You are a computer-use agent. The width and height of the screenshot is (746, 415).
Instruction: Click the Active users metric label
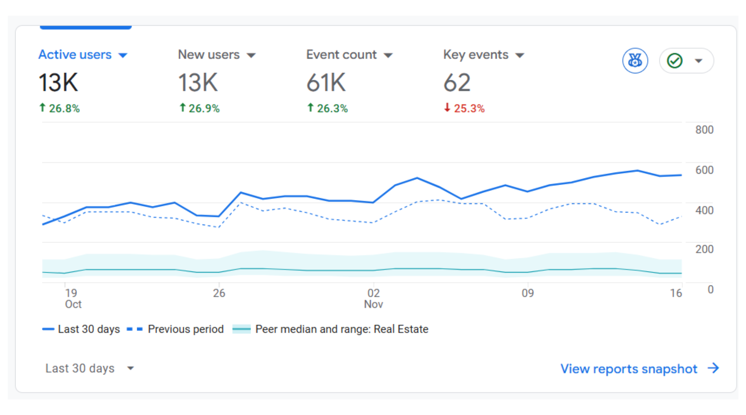[75, 55]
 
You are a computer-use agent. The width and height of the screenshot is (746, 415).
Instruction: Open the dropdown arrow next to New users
[251, 55]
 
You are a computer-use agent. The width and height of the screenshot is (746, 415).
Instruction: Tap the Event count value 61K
[326, 83]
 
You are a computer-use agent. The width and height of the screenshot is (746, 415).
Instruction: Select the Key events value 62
[457, 83]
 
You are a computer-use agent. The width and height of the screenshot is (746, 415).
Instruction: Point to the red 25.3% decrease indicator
[465, 108]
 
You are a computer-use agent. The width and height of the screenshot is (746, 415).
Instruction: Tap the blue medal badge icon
[635, 61]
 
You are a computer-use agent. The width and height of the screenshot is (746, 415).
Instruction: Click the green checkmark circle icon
[675, 61]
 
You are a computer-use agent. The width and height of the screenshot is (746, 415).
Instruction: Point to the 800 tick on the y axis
[704, 130]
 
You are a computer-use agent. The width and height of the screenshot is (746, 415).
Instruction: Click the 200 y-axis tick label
[704, 249]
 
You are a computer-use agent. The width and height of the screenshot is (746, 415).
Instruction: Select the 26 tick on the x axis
[219, 293]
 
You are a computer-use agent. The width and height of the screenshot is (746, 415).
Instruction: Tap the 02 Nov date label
[373, 298]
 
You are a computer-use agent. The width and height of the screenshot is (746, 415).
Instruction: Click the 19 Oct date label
[73, 298]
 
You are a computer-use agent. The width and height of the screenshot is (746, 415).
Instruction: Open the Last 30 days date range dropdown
[89, 368]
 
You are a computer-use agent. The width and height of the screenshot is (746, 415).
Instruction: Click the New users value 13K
[198, 83]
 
